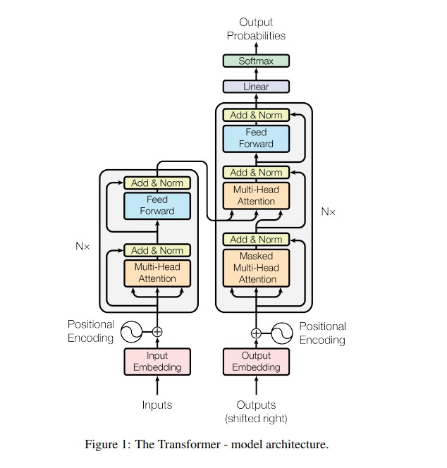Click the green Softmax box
coord(256,61)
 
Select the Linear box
coord(256,87)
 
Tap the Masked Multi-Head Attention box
coord(256,268)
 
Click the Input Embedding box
coord(157,362)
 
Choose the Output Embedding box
coord(256,362)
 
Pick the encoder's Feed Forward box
coord(157,205)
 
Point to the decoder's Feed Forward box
coord(256,138)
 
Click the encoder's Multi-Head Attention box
coord(157,272)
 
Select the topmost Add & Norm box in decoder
coord(256,115)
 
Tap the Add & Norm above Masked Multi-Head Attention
coord(256,240)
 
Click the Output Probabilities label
coord(256,29)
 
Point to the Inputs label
coord(157,405)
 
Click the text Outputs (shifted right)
coord(256,412)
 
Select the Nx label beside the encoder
coord(82,247)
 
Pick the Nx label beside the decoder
coord(328,211)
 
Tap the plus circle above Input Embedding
coord(157,331)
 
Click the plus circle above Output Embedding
coord(256,333)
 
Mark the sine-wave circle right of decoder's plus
coord(282,333)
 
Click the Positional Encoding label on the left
coord(91,331)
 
